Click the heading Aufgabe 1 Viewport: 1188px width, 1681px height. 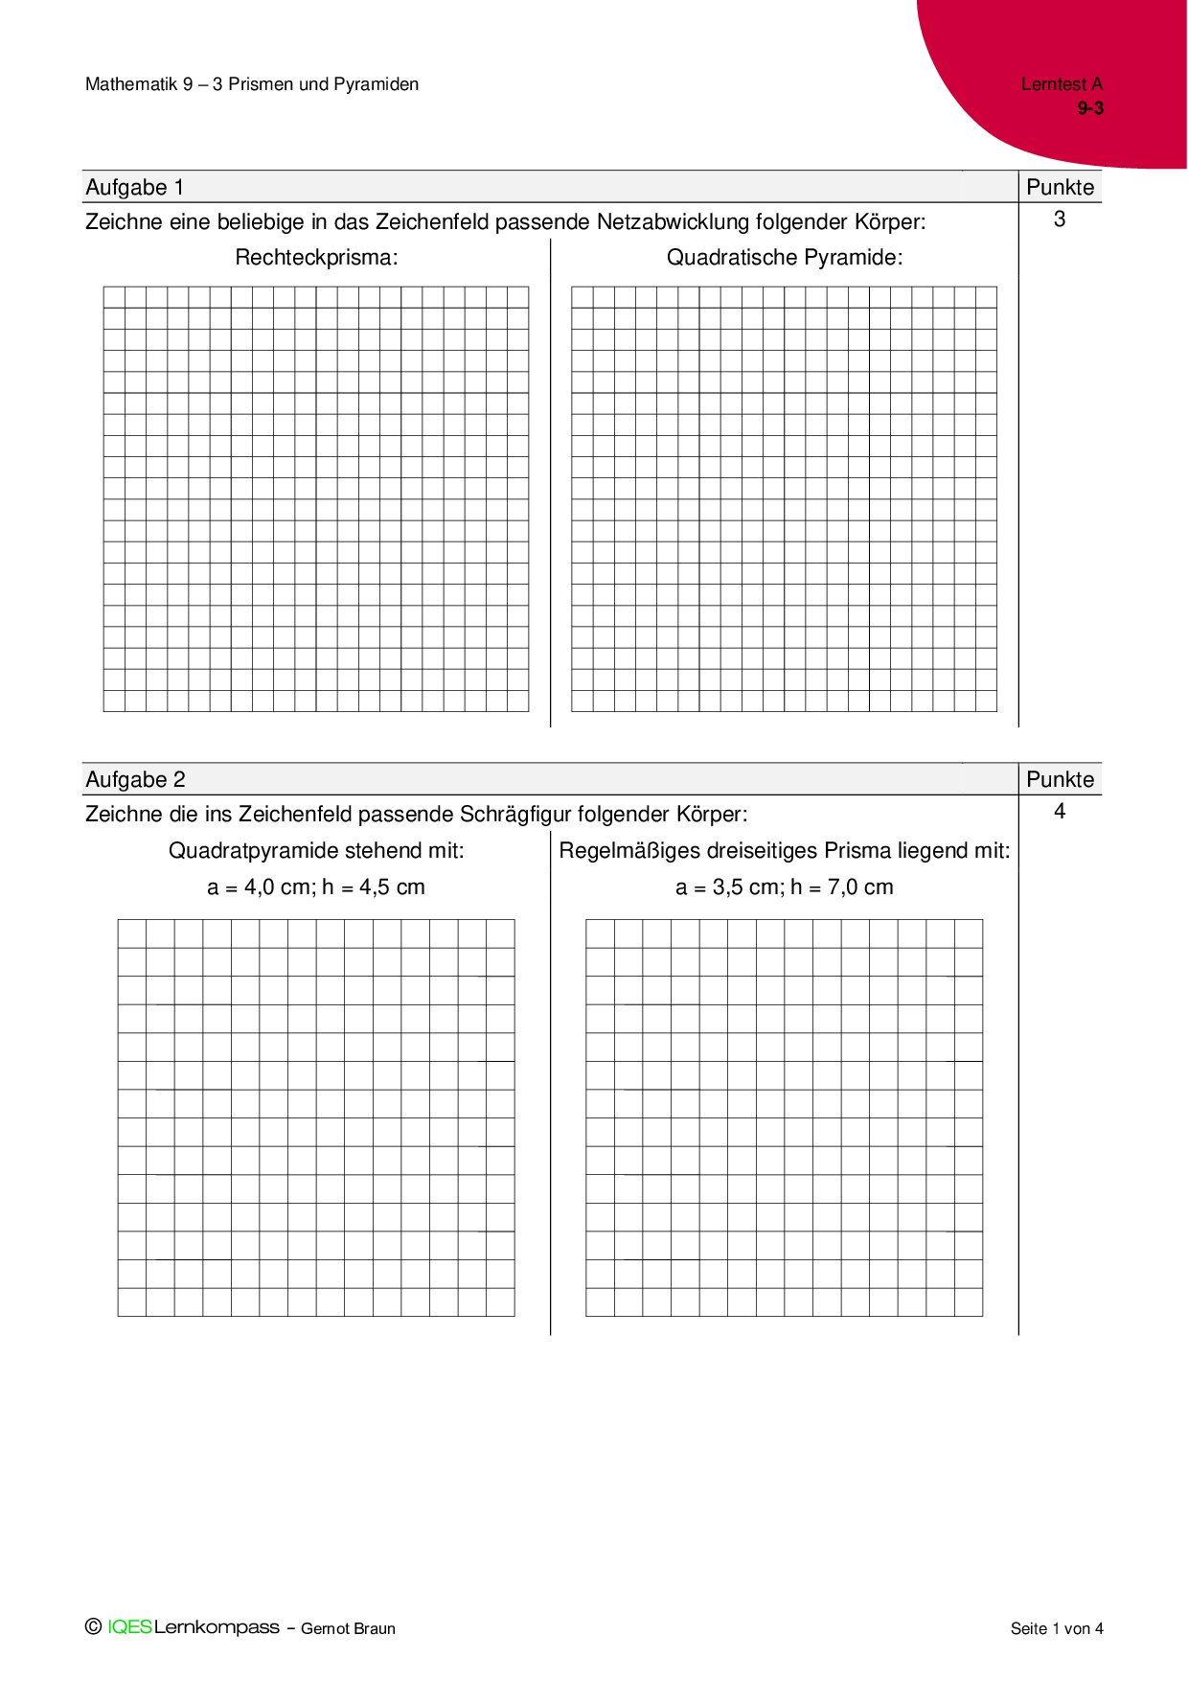135,188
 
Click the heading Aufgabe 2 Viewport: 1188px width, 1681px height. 135,780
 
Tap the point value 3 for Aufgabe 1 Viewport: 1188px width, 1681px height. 1060,219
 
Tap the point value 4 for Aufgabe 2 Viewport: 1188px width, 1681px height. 1060,812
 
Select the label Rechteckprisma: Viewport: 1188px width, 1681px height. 316,258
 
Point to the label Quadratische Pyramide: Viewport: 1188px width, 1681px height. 785,258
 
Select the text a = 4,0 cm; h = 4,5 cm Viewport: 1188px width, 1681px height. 316,887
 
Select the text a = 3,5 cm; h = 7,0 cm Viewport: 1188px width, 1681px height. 785,887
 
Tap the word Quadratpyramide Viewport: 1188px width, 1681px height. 253,851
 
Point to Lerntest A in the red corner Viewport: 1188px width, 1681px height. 1062,84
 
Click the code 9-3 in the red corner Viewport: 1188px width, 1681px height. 1090,108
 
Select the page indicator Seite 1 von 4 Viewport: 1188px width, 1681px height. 1057,1628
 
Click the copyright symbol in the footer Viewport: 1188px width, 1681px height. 93,1626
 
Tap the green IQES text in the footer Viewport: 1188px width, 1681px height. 129,1627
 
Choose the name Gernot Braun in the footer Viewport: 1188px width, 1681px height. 348,1628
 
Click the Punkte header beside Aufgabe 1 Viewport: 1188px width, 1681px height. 1060,188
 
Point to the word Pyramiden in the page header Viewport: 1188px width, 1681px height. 377,84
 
